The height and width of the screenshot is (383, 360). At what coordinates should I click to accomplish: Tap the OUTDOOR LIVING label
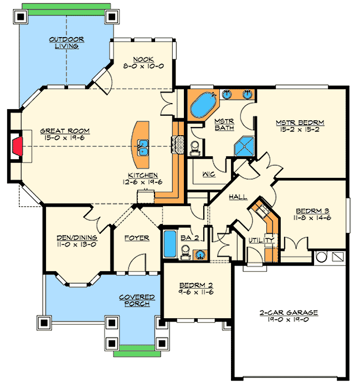point(66,43)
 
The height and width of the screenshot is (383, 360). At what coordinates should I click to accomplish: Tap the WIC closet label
point(208,173)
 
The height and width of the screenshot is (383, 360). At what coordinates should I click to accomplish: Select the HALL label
point(238,197)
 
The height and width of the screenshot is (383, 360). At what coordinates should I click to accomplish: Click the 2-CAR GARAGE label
point(289,313)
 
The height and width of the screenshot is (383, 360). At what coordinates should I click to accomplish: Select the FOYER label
point(136,238)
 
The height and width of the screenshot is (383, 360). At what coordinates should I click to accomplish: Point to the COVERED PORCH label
point(137,301)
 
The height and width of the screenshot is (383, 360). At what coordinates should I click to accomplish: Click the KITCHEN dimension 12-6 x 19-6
point(143,181)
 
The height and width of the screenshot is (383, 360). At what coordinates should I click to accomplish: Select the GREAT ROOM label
point(65,131)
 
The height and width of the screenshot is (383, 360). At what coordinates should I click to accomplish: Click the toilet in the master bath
point(194,146)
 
